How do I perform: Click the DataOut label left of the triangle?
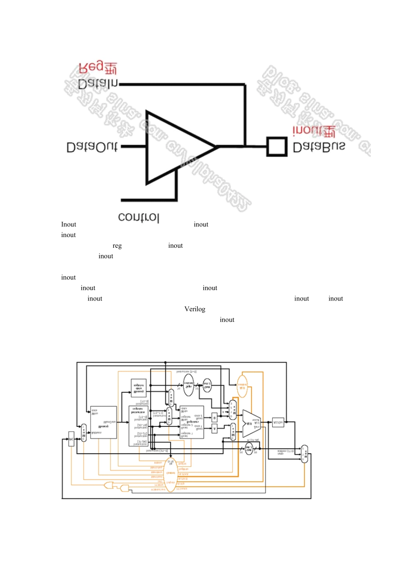[x=92, y=147]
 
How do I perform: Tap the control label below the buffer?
[x=139, y=217]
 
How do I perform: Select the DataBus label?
[x=319, y=147]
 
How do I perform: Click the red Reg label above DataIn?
[x=98, y=68]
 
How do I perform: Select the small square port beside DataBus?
[x=276, y=147]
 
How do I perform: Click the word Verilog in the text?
[x=195, y=309]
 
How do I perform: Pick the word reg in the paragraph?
[x=117, y=246]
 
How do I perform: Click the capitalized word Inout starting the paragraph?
[x=68, y=224]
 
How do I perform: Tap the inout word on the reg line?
[x=175, y=246]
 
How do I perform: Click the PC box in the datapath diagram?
[x=71, y=439]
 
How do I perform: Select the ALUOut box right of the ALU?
[x=278, y=422]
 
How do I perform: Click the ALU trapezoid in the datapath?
[x=251, y=423]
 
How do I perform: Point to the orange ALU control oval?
[x=242, y=386]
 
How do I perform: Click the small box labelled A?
[x=214, y=429]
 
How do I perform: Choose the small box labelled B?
[x=214, y=418]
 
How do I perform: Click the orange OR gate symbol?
[x=109, y=485]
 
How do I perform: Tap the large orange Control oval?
[x=170, y=475]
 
